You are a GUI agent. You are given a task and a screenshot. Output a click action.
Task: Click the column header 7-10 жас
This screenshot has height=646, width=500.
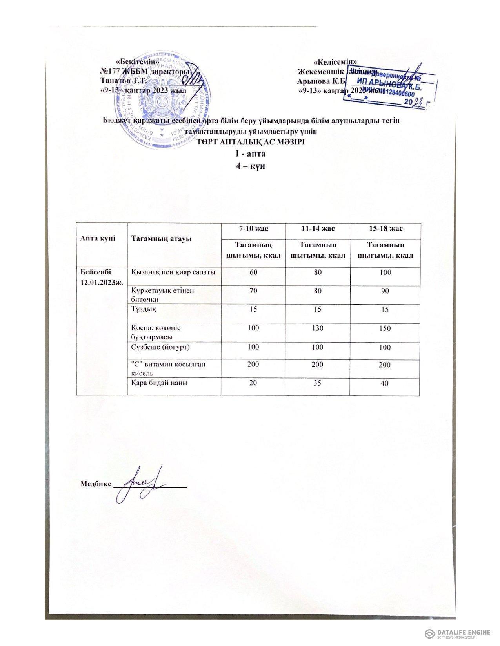pyautogui.click(x=252, y=228)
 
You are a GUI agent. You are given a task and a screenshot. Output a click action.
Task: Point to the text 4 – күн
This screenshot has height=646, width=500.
pyautogui.click(x=250, y=166)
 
